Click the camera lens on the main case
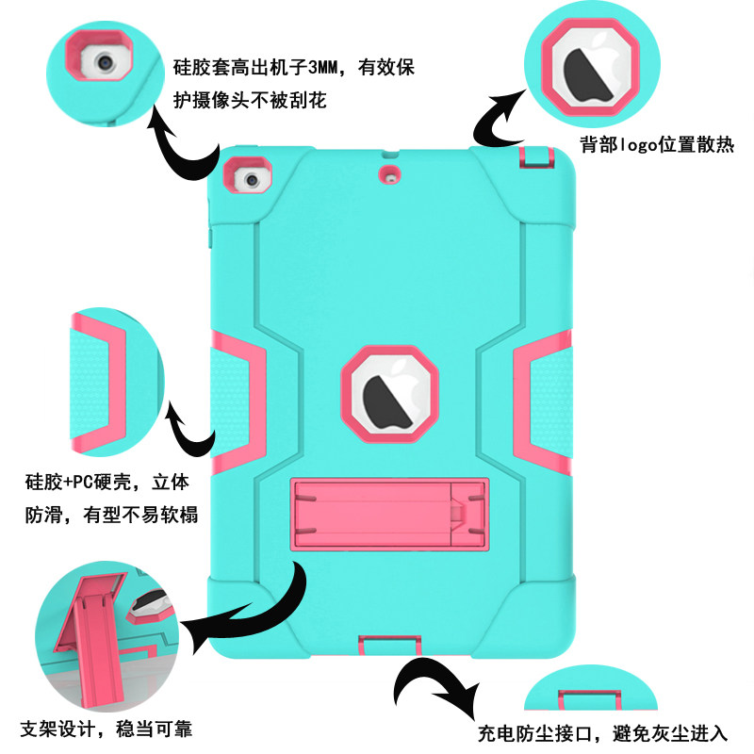pos(250,178)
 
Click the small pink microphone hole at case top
pos(387,173)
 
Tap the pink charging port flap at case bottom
pos(387,647)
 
